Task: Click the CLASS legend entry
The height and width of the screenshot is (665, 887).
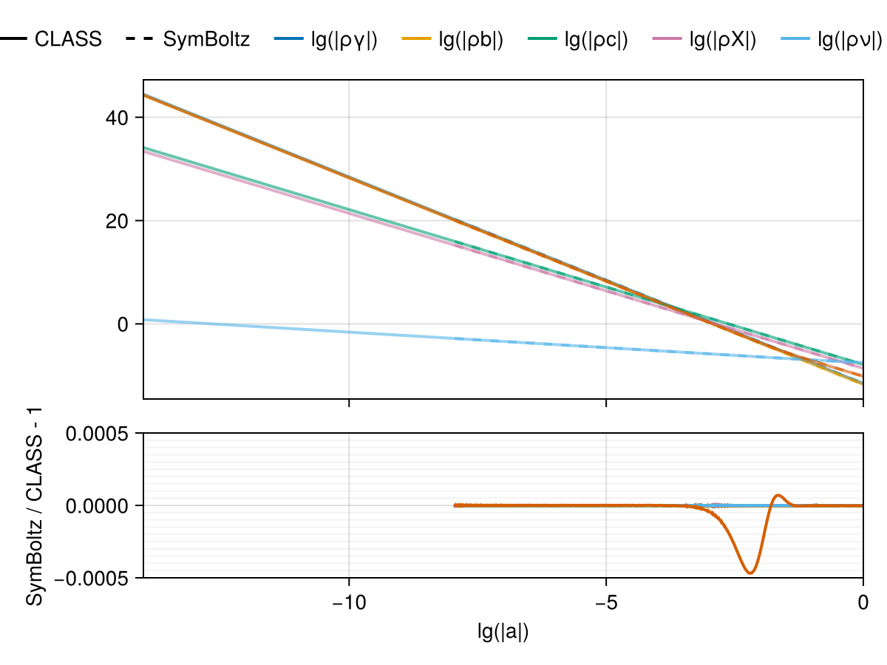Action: pyautogui.click(x=68, y=40)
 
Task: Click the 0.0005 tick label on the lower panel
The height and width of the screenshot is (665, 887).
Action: pyautogui.click(x=98, y=434)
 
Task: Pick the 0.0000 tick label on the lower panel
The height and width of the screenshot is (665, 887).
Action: pyautogui.click(x=98, y=506)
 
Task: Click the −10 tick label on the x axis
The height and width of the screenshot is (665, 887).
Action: pyautogui.click(x=348, y=604)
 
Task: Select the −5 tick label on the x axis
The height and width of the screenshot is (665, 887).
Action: pyautogui.click(x=605, y=604)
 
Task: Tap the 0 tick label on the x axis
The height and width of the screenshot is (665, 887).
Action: pyautogui.click(x=863, y=604)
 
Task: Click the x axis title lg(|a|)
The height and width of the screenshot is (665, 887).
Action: pyautogui.click(x=503, y=632)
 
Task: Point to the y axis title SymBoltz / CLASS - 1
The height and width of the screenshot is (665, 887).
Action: pyautogui.click(x=35, y=505)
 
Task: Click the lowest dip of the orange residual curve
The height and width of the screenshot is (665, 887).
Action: pyautogui.click(x=750, y=573)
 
